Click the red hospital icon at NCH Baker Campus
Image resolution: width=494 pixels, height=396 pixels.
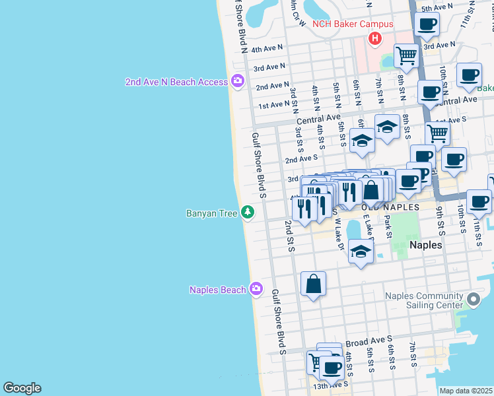[375, 39]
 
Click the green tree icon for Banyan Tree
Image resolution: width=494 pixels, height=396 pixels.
[248, 213]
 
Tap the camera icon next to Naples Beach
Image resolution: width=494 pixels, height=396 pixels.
[257, 290]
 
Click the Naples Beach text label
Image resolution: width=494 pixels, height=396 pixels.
[217, 290]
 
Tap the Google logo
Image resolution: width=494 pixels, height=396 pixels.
[22, 388]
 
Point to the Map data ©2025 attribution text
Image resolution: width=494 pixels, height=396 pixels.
[466, 391]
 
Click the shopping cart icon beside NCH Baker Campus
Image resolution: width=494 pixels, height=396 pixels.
[406, 55]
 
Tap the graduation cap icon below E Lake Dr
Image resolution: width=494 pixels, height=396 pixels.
[361, 251]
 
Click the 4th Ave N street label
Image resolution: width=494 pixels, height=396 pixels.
[267, 48]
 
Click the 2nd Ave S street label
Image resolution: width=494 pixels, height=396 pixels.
[301, 158]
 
